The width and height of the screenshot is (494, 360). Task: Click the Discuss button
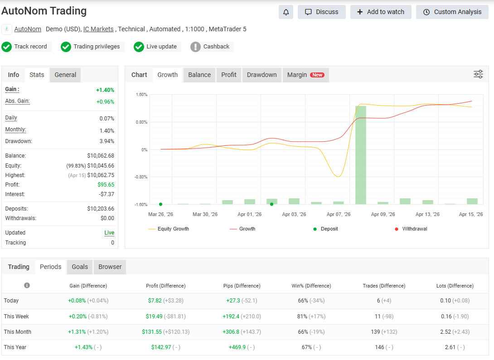tap(321, 12)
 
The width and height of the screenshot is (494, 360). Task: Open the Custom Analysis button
tap(452, 12)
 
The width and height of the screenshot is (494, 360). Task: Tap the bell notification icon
tap(286, 12)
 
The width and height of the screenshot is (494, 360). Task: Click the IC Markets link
tap(98, 29)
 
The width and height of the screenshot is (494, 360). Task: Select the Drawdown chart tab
tap(262, 75)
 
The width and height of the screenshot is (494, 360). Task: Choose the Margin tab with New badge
tap(305, 75)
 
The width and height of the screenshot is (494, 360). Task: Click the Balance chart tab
tap(199, 75)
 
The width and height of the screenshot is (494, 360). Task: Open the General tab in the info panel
tap(65, 75)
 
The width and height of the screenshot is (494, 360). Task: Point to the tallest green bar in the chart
tap(360, 154)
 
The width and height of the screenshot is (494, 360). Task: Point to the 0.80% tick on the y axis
tap(141, 122)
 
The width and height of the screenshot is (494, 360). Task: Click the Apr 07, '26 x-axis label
tap(338, 214)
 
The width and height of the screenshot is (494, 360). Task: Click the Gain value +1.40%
tap(105, 90)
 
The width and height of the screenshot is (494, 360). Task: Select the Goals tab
tap(80, 267)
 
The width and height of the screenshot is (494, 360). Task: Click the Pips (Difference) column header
tap(242, 286)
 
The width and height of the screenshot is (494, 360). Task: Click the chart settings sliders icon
tap(478, 74)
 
